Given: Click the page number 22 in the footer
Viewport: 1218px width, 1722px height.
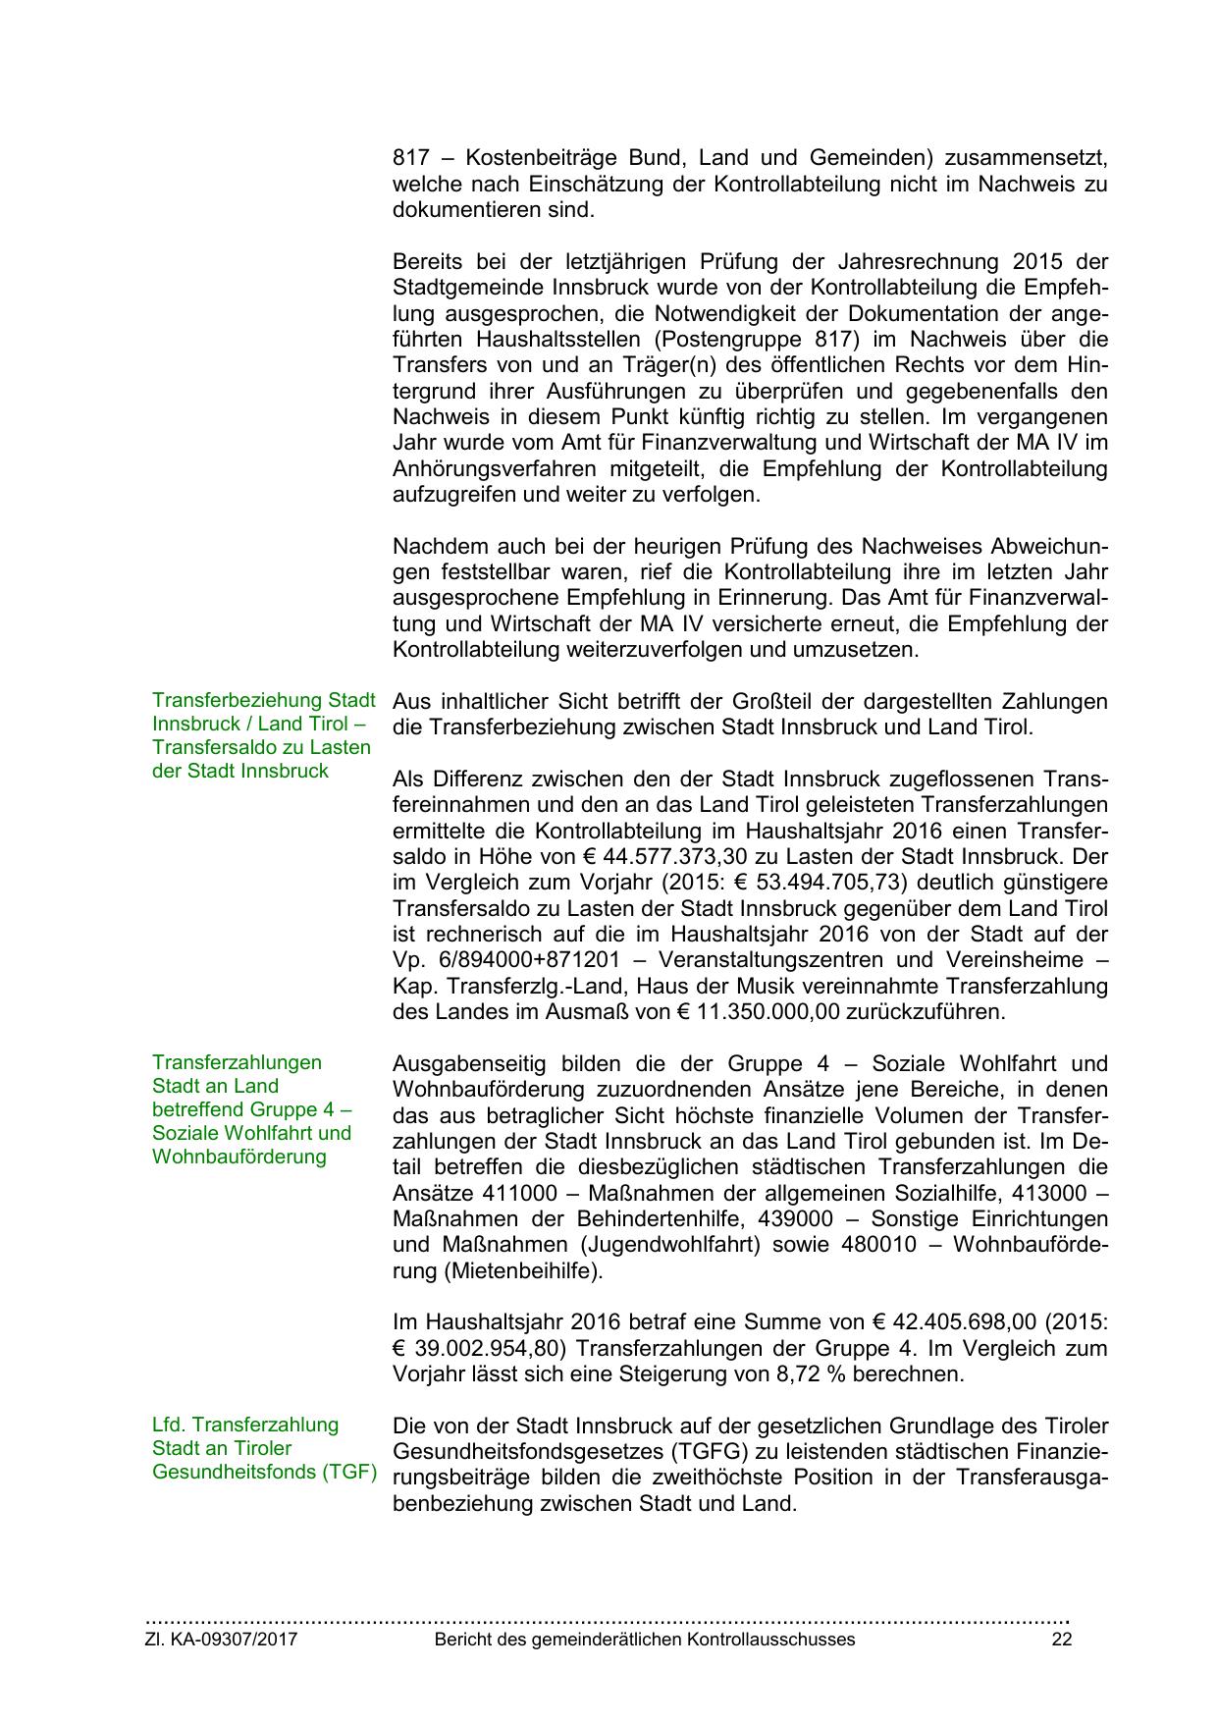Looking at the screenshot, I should click(x=1061, y=1640).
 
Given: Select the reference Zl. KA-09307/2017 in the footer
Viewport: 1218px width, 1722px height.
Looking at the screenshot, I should click(x=222, y=1640).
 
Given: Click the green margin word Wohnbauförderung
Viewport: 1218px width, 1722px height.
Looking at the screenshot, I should click(x=238, y=1157).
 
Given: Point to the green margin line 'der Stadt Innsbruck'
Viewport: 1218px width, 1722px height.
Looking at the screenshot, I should click(x=240, y=771).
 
